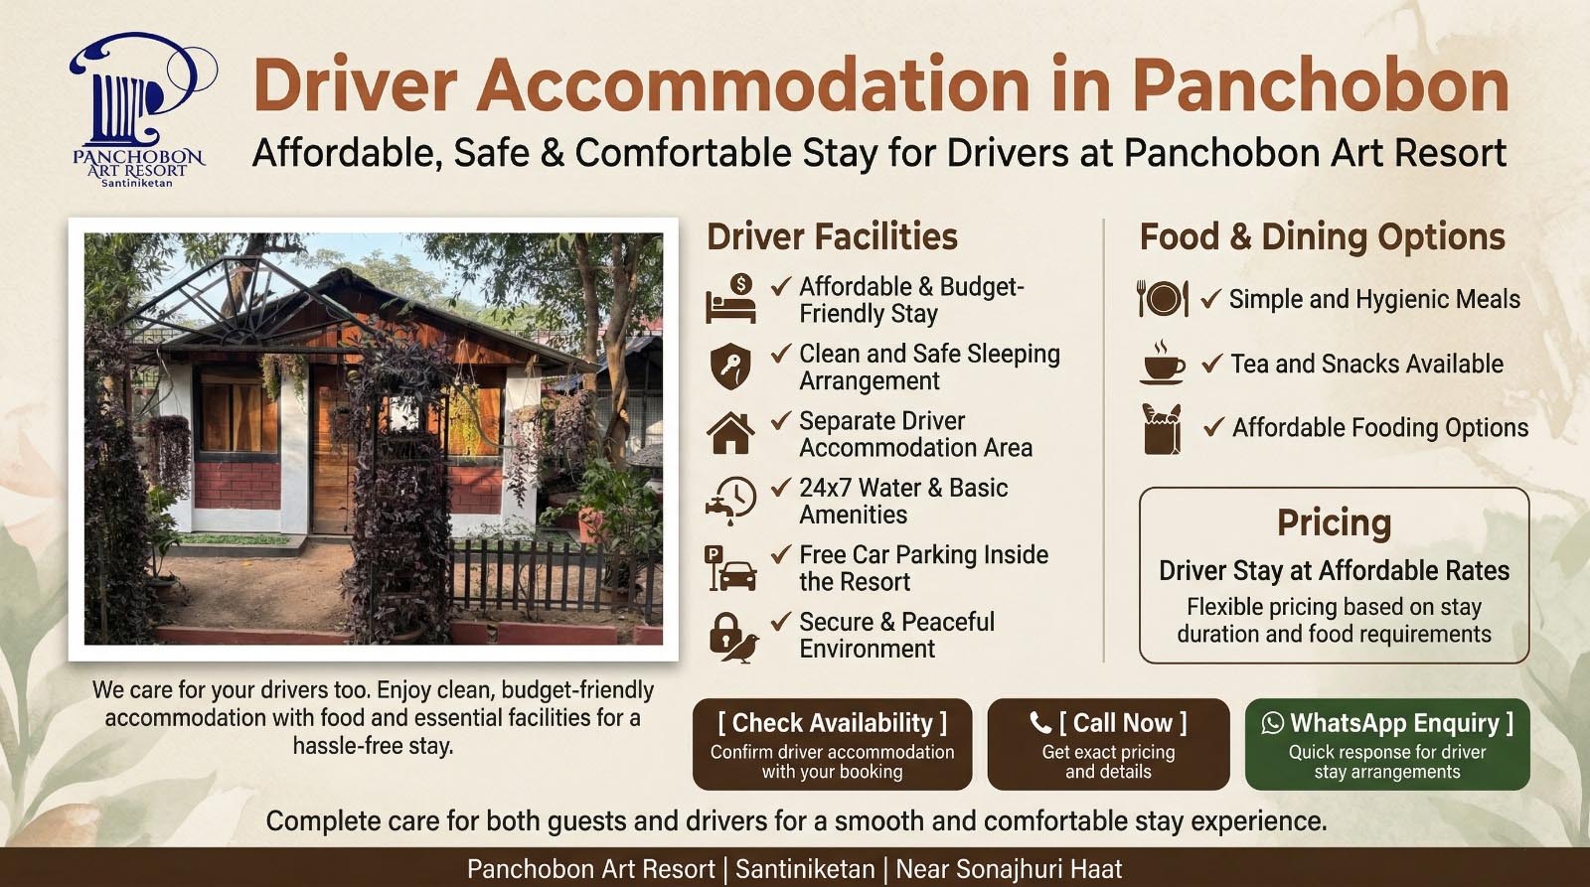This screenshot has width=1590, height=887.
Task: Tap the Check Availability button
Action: pyautogui.click(x=832, y=744)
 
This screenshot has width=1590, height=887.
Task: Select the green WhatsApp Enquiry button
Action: pyautogui.click(x=1386, y=744)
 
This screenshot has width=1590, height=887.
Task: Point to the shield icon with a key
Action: pyautogui.click(x=730, y=367)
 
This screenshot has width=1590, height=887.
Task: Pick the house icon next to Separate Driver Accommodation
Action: pyautogui.click(x=730, y=433)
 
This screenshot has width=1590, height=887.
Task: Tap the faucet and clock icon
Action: pyautogui.click(x=730, y=500)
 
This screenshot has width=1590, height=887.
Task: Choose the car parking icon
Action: pyautogui.click(x=730, y=567)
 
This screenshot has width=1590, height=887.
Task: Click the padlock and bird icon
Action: pyautogui.click(x=732, y=636)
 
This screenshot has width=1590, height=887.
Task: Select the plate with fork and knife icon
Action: pyautogui.click(x=1162, y=298)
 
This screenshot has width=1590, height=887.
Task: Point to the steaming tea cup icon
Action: pyautogui.click(x=1162, y=363)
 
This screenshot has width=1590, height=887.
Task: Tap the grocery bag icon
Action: pyautogui.click(x=1162, y=428)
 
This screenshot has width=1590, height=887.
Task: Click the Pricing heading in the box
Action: pyautogui.click(x=1334, y=522)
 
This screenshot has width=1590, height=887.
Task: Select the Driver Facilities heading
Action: pyautogui.click(x=832, y=236)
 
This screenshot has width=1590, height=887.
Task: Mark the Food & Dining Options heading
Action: pyautogui.click(x=1322, y=236)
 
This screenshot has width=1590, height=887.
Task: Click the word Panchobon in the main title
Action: pyautogui.click(x=1321, y=84)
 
